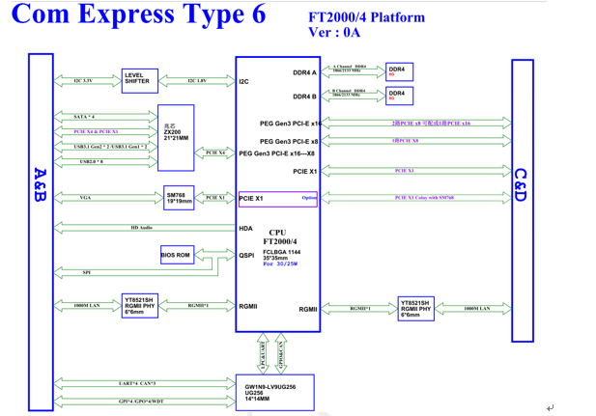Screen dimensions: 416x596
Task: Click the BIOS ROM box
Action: [x=176, y=255]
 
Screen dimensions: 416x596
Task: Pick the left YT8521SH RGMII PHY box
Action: [x=138, y=306]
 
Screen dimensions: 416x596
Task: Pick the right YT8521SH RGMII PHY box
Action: [x=415, y=308]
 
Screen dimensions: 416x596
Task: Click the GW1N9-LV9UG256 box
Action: [x=274, y=392]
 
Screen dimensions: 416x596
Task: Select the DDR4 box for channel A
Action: [x=398, y=71]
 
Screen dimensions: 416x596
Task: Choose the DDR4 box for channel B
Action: [x=398, y=96]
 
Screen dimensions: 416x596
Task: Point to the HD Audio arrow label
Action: [x=141, y=228]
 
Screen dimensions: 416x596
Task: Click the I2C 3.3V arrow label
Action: [x=83, y=81]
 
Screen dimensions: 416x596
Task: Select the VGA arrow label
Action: [x=86, y=198]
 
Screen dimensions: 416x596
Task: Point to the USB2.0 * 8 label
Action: [x=91, y=161]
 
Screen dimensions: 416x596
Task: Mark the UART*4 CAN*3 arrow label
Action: [x=136, y=383]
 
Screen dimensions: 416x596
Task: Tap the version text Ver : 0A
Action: [x=333, y=32]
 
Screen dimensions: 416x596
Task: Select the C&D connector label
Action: [x=522, y=185]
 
